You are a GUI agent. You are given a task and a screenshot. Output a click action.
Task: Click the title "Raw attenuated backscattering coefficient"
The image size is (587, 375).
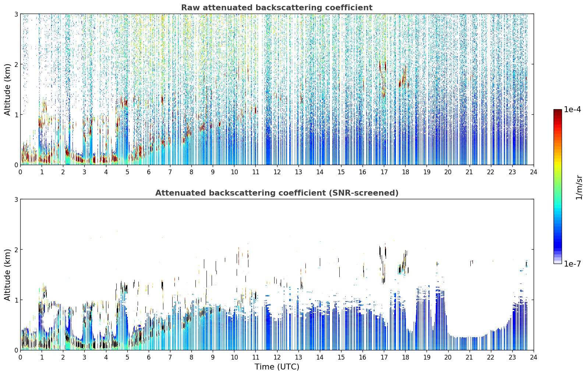277,8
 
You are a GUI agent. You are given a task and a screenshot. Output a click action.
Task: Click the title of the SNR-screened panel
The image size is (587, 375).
277,193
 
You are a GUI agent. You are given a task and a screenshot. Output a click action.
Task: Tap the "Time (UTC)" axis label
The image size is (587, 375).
277,367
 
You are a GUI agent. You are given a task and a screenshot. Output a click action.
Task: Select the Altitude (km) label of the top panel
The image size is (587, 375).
7,90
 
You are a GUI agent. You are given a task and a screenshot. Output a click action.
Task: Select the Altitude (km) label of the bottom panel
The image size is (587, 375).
7,275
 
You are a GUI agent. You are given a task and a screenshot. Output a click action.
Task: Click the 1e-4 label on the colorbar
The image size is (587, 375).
572,110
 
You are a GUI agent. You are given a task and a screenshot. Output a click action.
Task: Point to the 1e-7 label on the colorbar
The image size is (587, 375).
572,264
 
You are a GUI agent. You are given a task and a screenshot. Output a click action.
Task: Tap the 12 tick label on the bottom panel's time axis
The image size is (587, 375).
277,357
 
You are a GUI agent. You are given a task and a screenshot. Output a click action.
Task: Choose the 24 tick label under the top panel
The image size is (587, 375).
534,172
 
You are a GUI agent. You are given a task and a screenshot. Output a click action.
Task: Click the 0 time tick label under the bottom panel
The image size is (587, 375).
21,357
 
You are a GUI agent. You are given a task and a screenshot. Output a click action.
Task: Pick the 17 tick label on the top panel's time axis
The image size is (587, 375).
384,172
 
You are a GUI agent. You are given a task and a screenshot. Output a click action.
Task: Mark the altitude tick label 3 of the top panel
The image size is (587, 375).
16,14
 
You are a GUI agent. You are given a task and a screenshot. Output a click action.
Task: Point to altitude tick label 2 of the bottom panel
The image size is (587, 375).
16,250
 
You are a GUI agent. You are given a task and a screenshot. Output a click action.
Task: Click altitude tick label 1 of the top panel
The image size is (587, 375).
16,115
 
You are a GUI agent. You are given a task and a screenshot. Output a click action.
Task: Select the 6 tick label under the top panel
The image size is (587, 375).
149,172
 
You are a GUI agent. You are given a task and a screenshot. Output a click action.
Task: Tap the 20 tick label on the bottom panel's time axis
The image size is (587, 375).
448,357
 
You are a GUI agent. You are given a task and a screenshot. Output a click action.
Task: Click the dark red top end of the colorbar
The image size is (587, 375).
558,111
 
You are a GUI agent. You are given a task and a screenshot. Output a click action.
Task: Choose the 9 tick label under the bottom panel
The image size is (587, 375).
213,357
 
